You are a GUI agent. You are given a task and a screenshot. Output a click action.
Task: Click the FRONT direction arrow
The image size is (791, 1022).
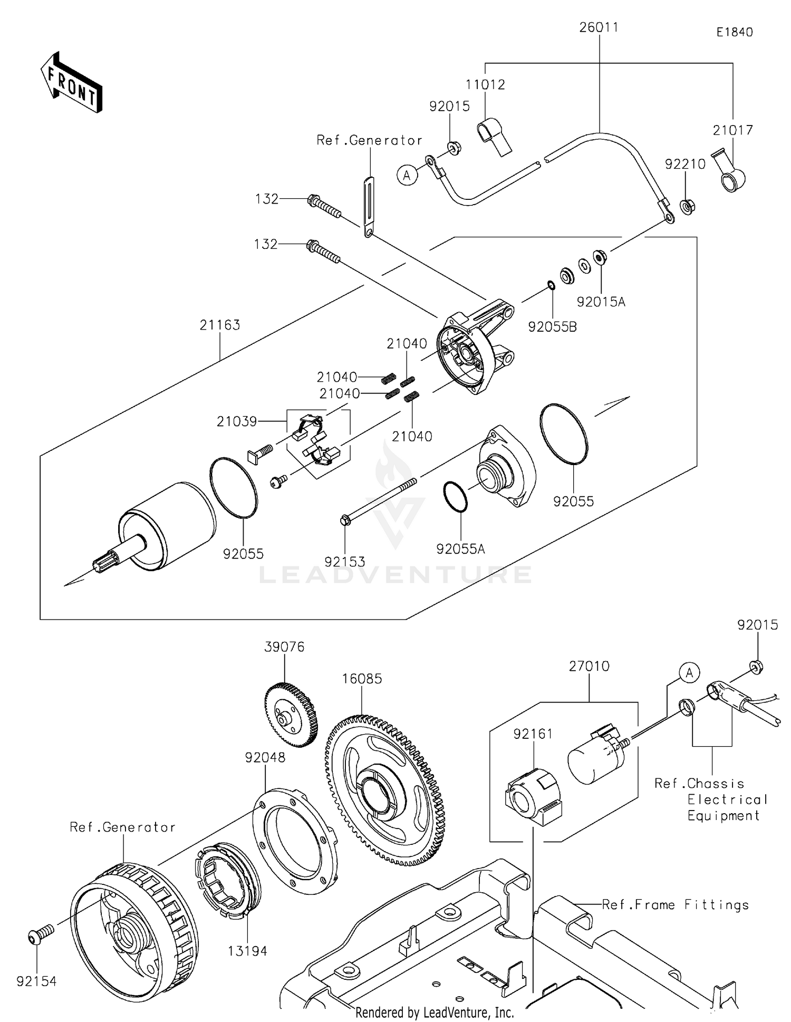point(72,83)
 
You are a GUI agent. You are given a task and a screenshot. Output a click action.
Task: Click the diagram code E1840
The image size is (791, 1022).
point(734,32)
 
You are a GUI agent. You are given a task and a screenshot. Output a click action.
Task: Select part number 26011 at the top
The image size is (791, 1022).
point(599,27)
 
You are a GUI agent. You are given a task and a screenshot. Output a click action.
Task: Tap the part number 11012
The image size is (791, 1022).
point(485,85)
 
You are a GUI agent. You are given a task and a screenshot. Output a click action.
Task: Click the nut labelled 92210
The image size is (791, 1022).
point(687,206)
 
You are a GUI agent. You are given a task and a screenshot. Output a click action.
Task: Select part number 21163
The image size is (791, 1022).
point(219,325)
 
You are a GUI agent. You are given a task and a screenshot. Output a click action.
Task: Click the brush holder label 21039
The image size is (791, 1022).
point(236,421)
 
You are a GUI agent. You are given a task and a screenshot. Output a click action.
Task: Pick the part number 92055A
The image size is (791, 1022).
point(460,549)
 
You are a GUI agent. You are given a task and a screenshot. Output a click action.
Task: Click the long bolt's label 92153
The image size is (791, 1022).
point(344,562)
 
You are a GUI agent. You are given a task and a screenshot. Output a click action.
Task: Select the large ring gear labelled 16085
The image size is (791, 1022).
point(385,791)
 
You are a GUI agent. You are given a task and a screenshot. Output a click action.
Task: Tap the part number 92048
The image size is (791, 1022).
point(265,757)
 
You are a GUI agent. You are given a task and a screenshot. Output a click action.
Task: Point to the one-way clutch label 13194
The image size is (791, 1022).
point(247,951)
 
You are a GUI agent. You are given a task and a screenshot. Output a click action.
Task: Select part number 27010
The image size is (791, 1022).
point(589,667)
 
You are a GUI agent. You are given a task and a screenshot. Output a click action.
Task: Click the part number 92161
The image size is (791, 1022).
point(533,734)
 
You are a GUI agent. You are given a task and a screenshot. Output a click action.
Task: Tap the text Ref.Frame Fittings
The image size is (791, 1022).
point(675,905)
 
